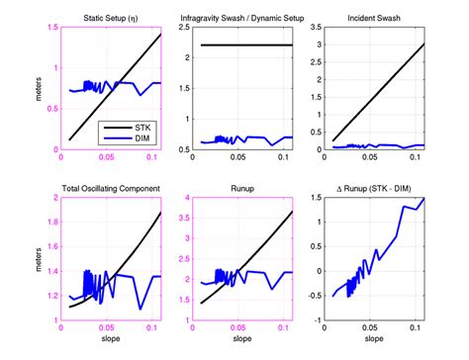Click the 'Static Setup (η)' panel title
(109, 19)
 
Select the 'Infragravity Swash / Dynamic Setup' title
(235, 19)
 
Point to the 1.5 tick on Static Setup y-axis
(51, 29)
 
